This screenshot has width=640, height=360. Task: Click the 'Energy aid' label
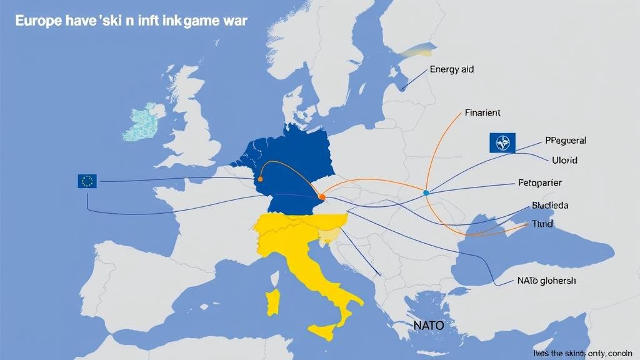[452, 69]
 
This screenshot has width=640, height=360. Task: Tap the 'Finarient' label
[482, 113]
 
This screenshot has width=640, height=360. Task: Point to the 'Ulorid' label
[564, 160]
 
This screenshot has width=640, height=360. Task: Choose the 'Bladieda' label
[550, 205]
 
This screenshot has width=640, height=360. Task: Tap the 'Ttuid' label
[542, 223]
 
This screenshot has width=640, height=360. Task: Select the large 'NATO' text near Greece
[429, 325]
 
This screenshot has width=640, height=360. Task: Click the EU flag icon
[87, 181]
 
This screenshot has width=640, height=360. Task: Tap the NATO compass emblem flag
[502, 143]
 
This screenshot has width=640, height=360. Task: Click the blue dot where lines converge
[426, 192]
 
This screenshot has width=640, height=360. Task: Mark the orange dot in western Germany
[261, 179]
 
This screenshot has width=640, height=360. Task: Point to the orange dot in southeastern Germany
[322, 197]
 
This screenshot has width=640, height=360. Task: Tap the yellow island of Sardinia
[272, 303]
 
